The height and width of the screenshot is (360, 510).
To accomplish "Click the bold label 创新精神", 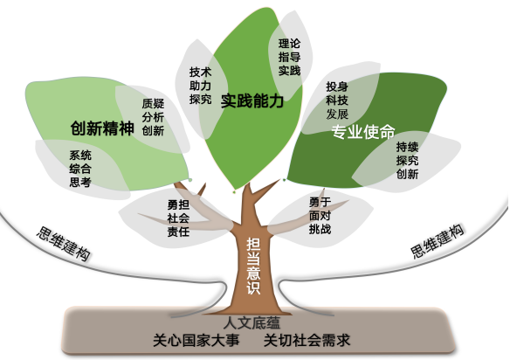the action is [x=102, y=128].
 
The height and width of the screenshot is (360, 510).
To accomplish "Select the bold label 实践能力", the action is [x=252, y=100].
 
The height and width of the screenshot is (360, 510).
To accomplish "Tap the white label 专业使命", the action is [x=363, y=132].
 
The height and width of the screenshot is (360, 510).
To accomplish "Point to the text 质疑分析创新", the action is [x=153, y=117].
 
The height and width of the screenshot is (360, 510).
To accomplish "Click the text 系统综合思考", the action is [x=80, y=169].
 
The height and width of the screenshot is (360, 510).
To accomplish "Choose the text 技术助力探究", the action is [x=200, y=86].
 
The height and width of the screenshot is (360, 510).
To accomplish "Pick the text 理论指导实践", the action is [x=289, y=58].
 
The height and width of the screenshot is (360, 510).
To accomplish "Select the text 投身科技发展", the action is [x=337, y=100].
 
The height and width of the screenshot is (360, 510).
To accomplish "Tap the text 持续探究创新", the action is [x=407, y=161].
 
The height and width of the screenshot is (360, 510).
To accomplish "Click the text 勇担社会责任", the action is [x=178, y=218].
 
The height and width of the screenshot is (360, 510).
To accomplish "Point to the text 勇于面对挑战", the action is [x=320, y=216].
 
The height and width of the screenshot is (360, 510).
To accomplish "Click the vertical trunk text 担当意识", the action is [x=253, y=266].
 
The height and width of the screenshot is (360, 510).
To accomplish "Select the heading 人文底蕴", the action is [x=252, y=323].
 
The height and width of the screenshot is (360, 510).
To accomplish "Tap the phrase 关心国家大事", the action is [x=196, y=340].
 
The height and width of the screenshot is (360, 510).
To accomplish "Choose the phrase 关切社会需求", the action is [x=307, y=340].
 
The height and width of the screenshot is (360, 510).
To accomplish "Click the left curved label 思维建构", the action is [x=63, y=244].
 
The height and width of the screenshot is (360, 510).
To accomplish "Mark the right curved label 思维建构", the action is [x=438, y=241].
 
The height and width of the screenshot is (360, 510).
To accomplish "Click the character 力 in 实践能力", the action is [x=276, y=100].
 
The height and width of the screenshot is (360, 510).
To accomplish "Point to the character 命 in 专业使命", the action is [x=388, y=132].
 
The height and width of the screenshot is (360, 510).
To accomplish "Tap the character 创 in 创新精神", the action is [x=78, y=128].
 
